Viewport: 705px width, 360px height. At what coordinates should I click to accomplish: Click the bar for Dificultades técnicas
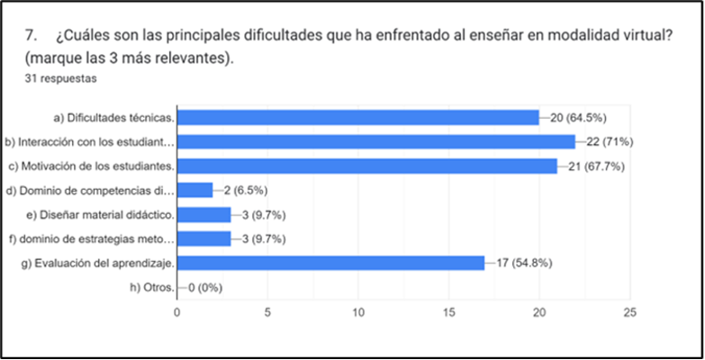click(x=357, y=117)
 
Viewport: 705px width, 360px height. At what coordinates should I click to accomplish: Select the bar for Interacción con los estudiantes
click(x=375, y=141)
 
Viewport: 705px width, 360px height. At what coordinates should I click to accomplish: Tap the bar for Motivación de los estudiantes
click(x=366, y=166)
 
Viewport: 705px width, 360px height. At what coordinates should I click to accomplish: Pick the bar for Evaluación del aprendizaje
click(x=330, y=263)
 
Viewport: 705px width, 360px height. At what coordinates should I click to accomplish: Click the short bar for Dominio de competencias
click(x=194, y=190)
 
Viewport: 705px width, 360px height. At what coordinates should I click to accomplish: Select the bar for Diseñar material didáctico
click(x=203, y=214)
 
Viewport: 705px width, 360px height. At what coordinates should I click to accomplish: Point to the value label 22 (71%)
click(x=609, y=141)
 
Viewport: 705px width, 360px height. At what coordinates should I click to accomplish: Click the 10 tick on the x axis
click(x=358, y=311)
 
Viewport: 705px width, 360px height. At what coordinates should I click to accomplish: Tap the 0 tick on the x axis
click(x=176, y=311)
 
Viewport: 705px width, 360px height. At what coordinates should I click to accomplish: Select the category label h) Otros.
click(x=152, y=287)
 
